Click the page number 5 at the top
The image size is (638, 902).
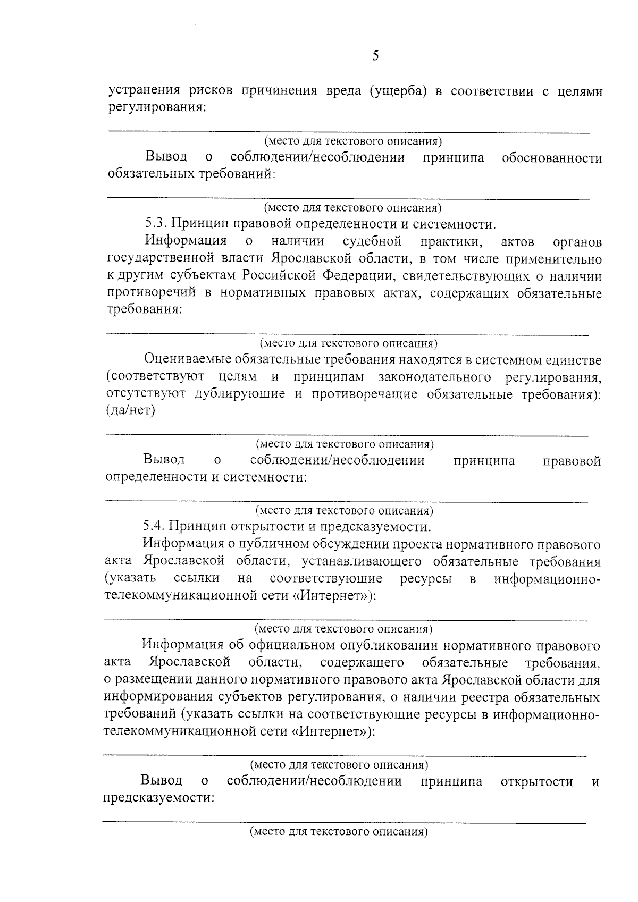(375, 56)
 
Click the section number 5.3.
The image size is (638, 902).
(156, 224)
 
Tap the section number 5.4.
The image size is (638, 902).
(154, 527)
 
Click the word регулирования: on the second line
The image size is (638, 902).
(157, 107)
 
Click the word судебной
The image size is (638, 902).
(372, 241)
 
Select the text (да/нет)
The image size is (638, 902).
(130, 411)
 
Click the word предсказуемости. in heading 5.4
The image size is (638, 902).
(381, 527)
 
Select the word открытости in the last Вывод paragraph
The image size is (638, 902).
(536, 781)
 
